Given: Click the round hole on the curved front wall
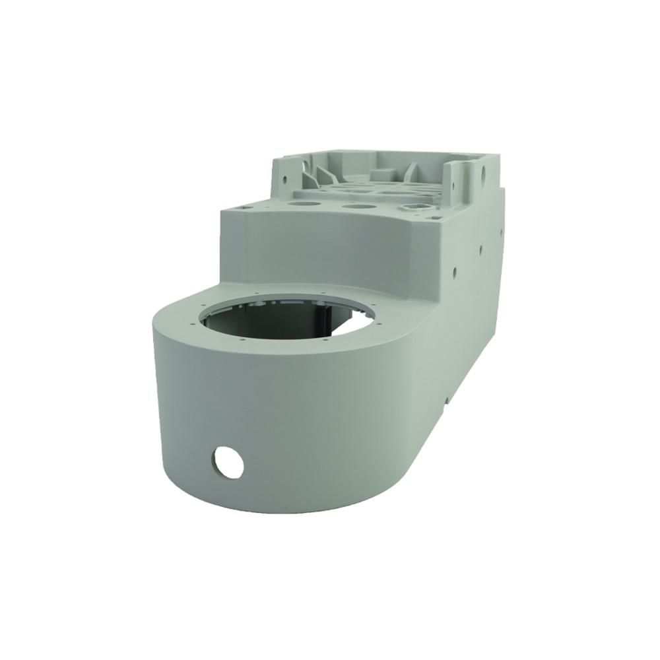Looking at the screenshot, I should point(227,462).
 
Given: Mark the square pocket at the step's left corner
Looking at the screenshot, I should point(246,208).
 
